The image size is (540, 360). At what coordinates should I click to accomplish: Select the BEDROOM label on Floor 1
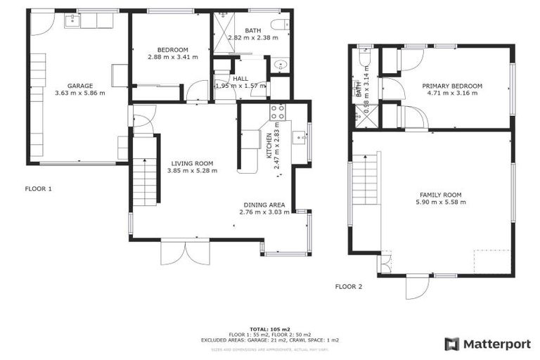[x=172, y=49]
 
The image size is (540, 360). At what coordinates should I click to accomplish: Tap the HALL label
[x=241, y=79]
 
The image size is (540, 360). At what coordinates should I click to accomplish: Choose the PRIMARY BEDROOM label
[x=452, y=86]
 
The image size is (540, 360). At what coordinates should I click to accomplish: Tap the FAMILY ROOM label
[x=440, y=194]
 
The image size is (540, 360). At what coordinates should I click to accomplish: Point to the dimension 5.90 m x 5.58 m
[x=440, y=202]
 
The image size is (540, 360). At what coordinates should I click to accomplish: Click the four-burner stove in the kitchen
[x=276, y=111]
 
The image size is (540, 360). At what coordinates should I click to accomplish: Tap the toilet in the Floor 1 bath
[x=279, y=26]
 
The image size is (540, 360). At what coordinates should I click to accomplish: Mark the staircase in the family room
[x=366, y=179]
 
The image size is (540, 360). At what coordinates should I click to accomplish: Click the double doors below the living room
[x=185, y=252]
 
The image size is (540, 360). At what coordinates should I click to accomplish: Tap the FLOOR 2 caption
[x=349, y=286]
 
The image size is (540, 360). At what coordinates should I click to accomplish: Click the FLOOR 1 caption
[x=39, y=188]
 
